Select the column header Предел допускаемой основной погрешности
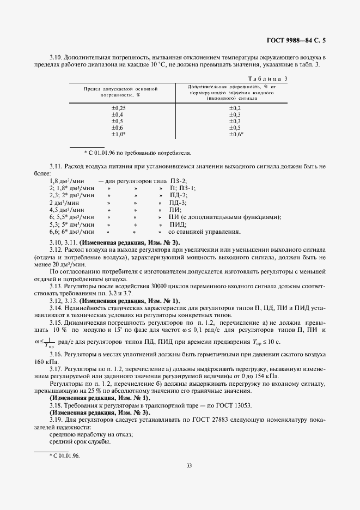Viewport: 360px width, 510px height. coord(120,91)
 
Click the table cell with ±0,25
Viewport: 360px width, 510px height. coord(118,108)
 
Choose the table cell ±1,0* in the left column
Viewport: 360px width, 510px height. coord(119,133)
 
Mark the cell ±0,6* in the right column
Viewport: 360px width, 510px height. coord(236,133)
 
